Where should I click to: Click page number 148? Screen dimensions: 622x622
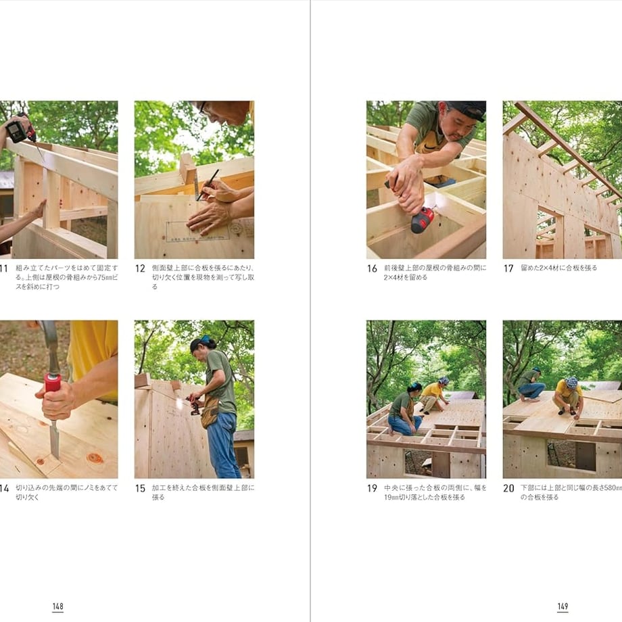pyautogui.click(x=58, y=606)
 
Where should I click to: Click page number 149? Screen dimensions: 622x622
pyautogui.click(x=563, y=606)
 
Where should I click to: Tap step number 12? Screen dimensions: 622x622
pyautogui.click(x=140, y=268)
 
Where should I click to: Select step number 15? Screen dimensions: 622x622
pyautogui.click(x=140, y=488)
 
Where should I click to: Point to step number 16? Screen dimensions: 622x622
pyautogui.click(x=372, y=268)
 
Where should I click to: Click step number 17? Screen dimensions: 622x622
pyautogui.click(x=508, y=268)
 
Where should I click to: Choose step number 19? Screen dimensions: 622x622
pyautogui.click(x=372, y=488)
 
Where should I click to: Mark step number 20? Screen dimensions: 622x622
pyautogui.click(x=508, y=488)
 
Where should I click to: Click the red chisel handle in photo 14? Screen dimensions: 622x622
pyautogui.click(x=53, y=383)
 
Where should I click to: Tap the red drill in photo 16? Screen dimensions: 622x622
pyautogui.click(x=422, y=219)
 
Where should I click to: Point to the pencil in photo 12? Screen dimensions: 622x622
pyautogui.click(x=208, y=185)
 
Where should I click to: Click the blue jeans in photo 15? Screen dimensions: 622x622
pyautogui.click(x=223, y=445)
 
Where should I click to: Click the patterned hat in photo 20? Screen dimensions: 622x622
pyautogui.click(x=571, y=383)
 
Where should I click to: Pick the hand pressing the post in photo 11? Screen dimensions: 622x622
pyautogui.click(x=40, y=209)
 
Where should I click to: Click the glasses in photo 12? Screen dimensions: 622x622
pyautogui.click(x=204, y=109)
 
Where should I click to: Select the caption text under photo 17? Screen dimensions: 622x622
pyautogui.click(x=559, y=268)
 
